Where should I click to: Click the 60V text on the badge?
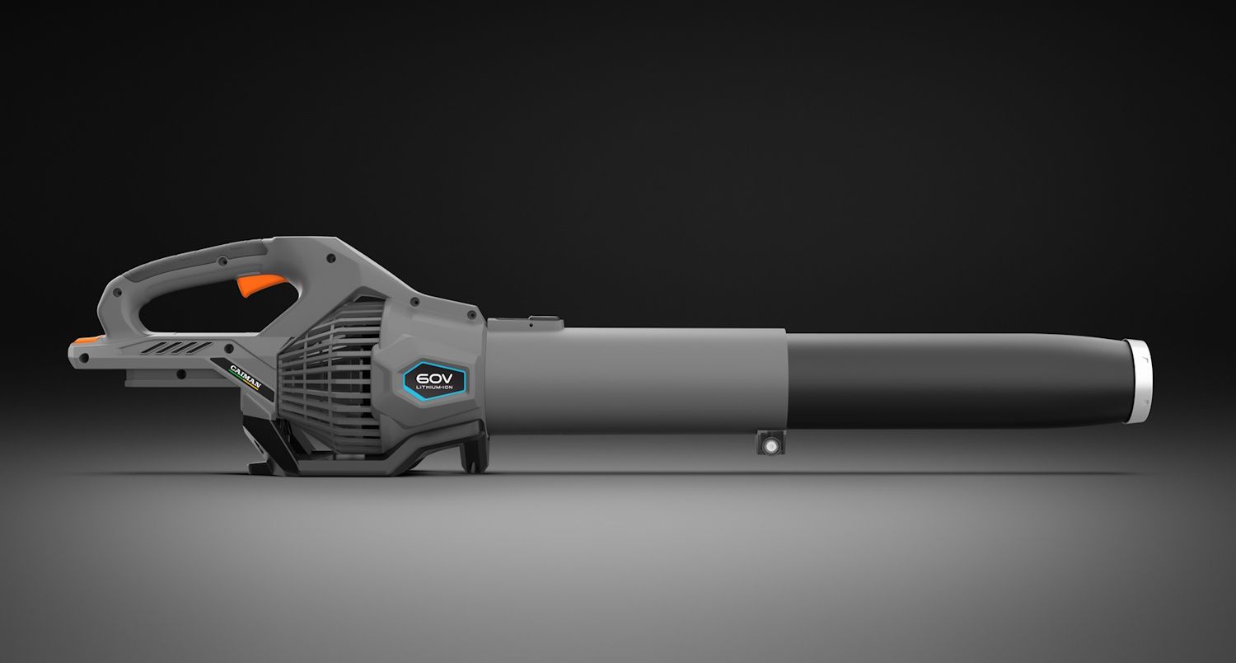[434, 379]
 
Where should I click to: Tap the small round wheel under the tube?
[770, 444]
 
